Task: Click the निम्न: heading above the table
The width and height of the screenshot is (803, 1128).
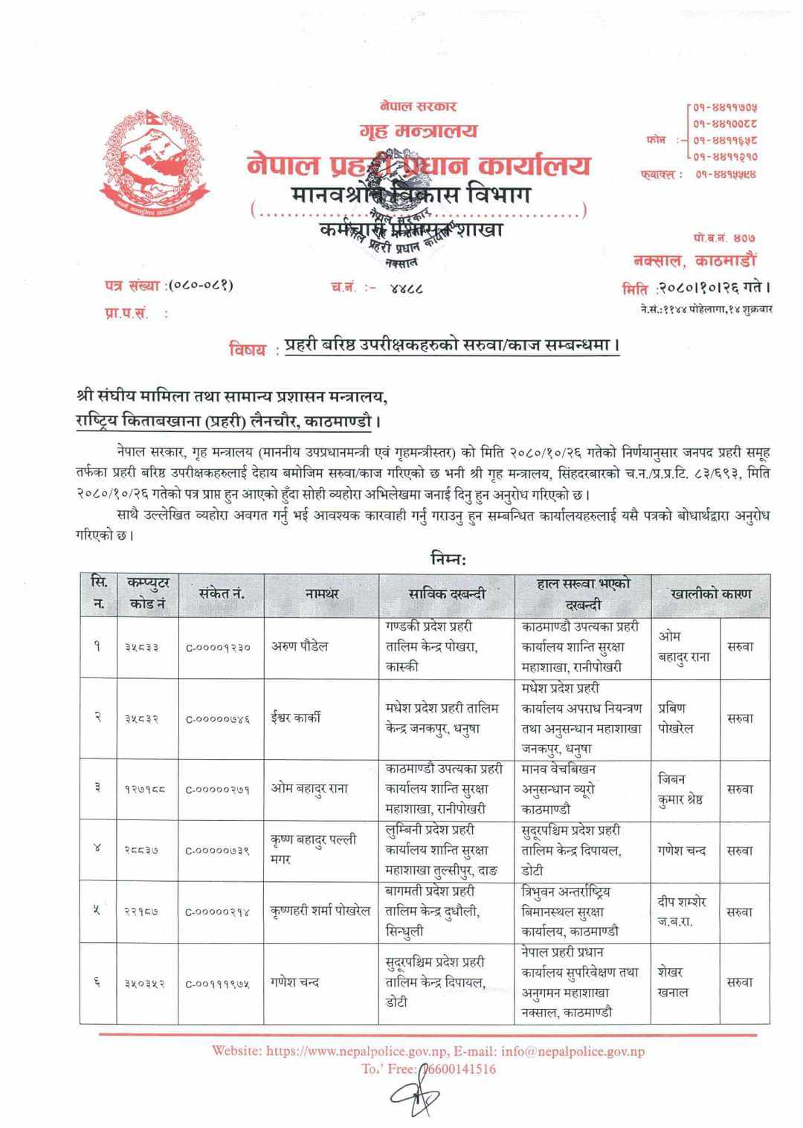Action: click(448, 558)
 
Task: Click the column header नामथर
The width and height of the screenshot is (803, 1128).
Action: click(321, 593)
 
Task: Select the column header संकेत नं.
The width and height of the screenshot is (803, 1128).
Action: click(222, 593)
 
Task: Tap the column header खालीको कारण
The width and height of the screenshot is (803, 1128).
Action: click(710, 593)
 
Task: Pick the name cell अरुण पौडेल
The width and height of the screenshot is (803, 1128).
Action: click(300, 647)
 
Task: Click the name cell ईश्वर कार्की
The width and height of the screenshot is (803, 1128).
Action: click(296, 718)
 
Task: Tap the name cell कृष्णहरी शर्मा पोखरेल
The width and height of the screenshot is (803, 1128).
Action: click(320, 911)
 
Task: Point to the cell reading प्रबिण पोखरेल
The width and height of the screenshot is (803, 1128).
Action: click(676, 718)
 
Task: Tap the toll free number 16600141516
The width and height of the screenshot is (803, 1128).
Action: click(459, 1069)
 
